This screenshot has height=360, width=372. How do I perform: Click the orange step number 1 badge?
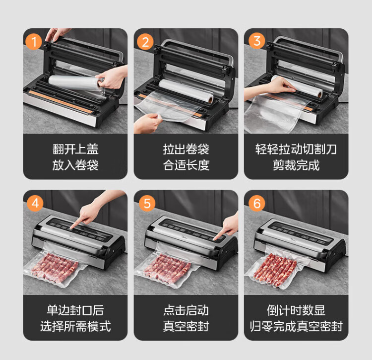(33, 42)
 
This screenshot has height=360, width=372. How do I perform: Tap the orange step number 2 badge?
(145, 42)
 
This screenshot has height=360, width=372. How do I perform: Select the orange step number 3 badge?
(257, 41)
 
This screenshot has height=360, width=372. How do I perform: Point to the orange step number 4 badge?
(35, 203)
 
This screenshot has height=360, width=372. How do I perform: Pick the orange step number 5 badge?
(147, 203)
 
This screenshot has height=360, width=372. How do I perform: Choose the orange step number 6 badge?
(257, 203)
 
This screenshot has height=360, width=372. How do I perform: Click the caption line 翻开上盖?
(75, 149)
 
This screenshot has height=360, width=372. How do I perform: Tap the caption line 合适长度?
(186, 165)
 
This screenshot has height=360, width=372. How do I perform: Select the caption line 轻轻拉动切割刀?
(296, 149)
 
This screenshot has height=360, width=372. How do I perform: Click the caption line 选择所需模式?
(75, 326)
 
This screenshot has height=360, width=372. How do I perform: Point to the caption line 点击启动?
(186, 310)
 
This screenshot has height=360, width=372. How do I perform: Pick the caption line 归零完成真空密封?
(296, 326)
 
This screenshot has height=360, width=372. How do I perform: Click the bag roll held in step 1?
(76, 83)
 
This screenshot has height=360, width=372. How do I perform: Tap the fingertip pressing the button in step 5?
(215, 239)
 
